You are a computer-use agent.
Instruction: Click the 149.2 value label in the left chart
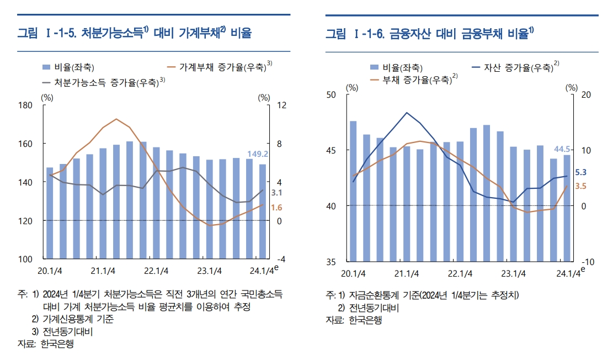point(257,154)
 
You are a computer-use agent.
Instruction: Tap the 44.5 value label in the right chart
point(563,149)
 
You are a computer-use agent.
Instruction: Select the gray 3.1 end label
point(277,193)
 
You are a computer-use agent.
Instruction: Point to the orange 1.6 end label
point(277,208)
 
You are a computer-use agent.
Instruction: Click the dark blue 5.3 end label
point(580,172)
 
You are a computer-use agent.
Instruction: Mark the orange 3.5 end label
point(580,187)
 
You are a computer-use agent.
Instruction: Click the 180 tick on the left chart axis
point(26,105)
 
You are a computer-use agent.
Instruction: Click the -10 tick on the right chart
point(587,261)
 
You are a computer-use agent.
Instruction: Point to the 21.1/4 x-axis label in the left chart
point(103,271)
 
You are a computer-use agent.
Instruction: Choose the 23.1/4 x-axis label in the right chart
point(513,273)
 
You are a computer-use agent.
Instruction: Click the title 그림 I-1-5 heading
point(134,34)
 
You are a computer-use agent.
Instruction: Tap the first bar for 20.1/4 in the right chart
point(353,191)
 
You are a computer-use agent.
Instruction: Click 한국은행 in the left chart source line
point(57,344)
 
